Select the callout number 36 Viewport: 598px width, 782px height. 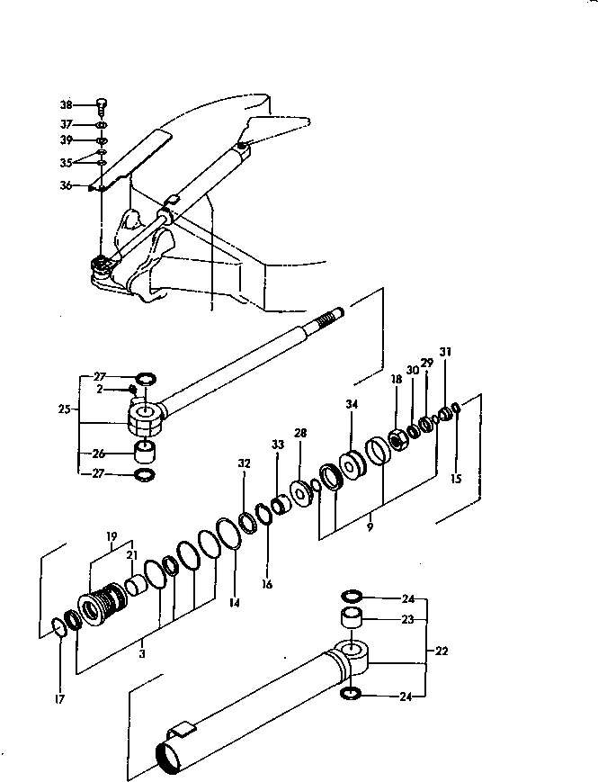(x=65, y=186)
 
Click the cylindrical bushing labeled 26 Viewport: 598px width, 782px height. (x=144, y=451)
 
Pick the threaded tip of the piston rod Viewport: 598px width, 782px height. (x=332, y=316)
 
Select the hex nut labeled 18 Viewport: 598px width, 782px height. (x=395, y=440)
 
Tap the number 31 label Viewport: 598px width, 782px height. (x=445, y=351)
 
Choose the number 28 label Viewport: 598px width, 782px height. (x=300, y=434)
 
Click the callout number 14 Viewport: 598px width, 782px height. (x=234, y=603)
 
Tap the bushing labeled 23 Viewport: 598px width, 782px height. (x=351, y=620)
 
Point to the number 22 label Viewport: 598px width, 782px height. (x=442, y=650)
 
